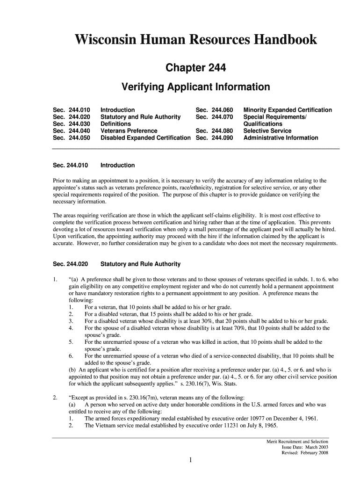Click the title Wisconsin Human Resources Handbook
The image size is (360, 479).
(196, 40)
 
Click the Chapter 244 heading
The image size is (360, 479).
(196, 68)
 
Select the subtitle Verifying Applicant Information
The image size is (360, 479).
(196, 87)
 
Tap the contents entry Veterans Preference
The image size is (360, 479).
(129, 131)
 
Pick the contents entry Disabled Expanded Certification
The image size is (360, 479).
(145, 138)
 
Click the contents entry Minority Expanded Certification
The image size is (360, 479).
(288, 110)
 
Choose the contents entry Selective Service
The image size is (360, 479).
(267, 131)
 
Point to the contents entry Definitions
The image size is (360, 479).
(116, 124)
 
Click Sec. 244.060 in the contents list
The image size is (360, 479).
(214, 110)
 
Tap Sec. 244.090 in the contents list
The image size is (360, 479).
(214, 138)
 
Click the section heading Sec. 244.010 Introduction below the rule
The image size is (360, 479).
(94, 165)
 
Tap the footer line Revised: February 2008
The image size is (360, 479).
(304, 453)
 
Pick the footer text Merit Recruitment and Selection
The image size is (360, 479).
(297, 441)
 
